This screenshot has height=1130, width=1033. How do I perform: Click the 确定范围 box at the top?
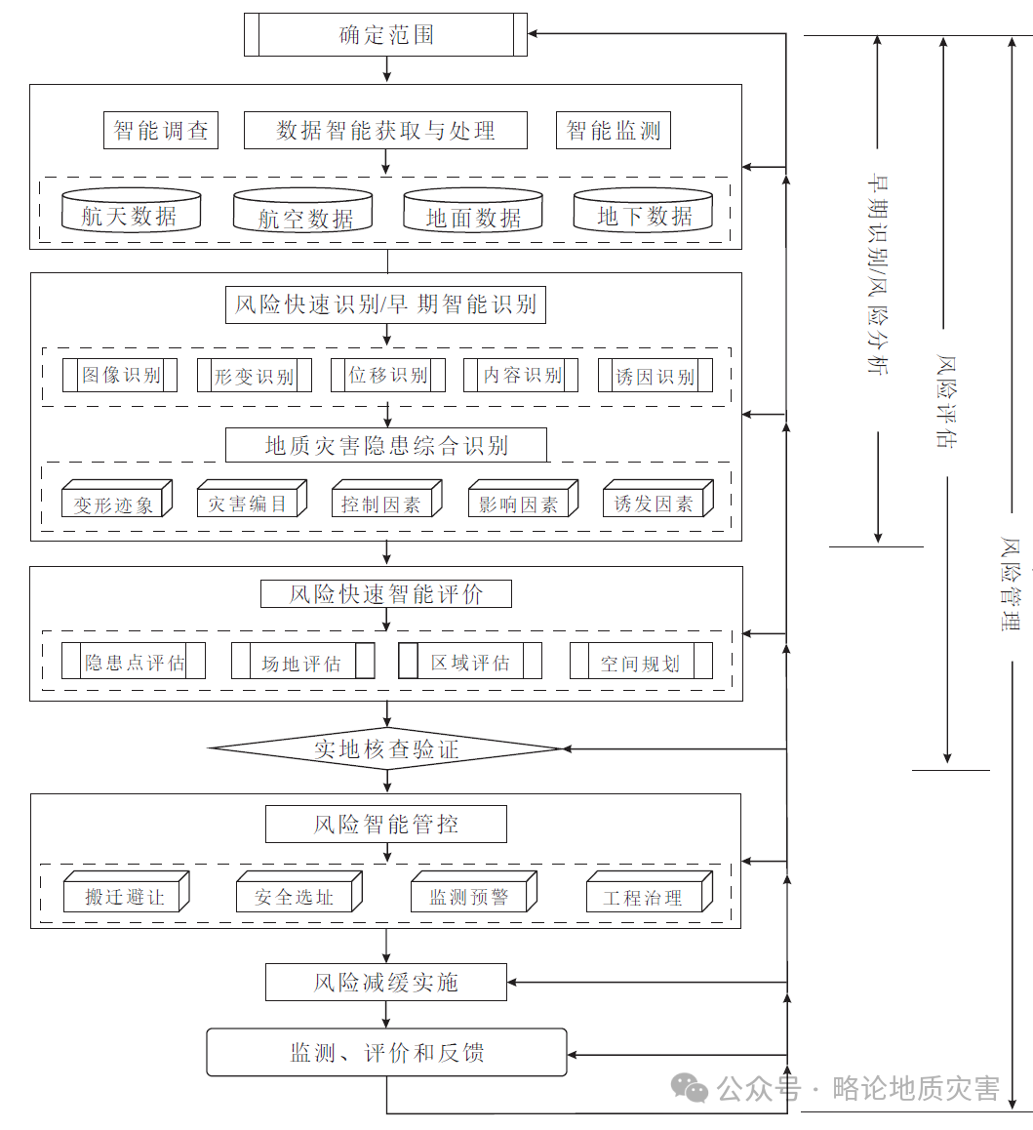[385, 34]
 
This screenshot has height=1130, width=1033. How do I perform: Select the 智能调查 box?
[161, 131]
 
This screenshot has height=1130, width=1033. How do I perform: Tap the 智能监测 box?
[613, 131]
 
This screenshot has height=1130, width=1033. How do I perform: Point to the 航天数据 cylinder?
[131, 211]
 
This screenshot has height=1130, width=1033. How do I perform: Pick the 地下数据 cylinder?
[643, 211]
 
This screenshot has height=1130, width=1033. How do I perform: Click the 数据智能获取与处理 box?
[385, 131]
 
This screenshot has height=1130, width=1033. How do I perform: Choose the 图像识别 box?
[120, 376]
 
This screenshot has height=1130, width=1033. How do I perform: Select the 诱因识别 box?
[655, 376]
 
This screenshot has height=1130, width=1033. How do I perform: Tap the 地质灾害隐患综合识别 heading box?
[386, 445]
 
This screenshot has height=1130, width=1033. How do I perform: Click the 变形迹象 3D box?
[117, 499]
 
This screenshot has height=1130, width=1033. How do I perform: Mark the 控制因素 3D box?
[387, 499]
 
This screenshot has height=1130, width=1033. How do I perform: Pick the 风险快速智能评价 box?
[386, 594]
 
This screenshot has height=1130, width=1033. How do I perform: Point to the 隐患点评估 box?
[134, 661]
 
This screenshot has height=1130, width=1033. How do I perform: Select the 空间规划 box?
[641, 661]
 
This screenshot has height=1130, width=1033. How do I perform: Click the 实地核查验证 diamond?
[386, 748]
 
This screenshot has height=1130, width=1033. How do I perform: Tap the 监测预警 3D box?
[474, 892]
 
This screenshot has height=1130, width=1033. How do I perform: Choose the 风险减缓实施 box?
[386, 983]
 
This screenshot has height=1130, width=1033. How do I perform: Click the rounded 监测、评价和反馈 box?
[387, 1053]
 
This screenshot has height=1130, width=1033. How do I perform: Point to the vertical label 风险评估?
[946, 401]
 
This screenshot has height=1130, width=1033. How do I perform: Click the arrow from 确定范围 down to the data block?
[387, 70]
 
